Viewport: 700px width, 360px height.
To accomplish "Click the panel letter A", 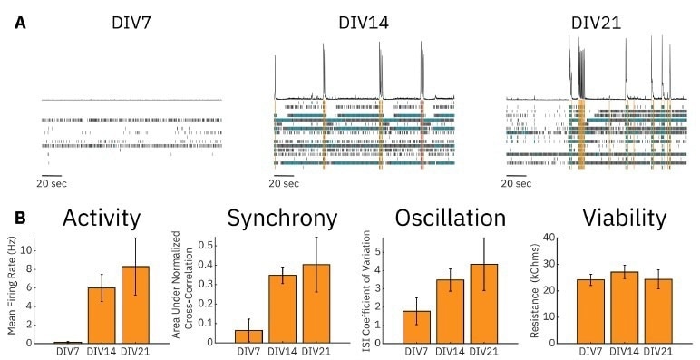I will (20, 20).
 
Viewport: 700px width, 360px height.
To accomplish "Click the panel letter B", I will (20, 219).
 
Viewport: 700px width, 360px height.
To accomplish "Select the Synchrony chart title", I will (283, 219).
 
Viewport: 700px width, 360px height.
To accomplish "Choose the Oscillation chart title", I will (451, 219).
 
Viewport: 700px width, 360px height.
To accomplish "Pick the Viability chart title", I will (627, 219).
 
